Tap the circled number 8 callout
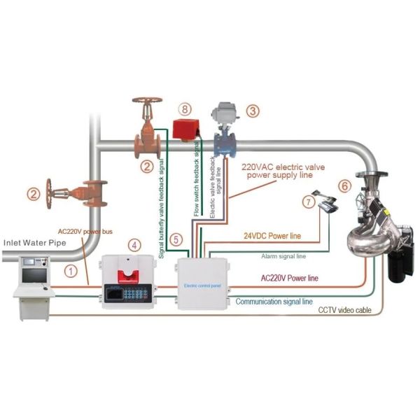184,109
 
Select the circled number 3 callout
253,111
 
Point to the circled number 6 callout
344,185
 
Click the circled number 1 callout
70,267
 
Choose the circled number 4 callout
133,245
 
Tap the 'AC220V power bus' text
85,230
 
